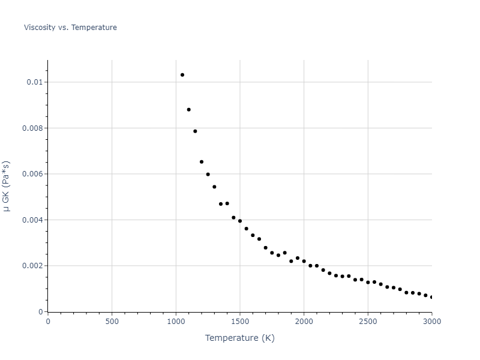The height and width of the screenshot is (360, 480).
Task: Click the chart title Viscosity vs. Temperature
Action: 70,28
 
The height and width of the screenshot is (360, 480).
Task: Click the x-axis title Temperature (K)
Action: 239,338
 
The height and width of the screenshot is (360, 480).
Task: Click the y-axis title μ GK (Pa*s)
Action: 7,185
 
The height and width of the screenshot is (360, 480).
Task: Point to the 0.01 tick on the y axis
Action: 34,82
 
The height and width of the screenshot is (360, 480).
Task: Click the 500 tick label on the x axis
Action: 112,321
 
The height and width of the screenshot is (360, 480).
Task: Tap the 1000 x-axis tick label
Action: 176,321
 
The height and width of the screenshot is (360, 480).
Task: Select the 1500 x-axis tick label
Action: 240,321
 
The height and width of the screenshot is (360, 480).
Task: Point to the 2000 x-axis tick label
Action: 304,321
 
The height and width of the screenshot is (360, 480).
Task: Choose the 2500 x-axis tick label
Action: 368,321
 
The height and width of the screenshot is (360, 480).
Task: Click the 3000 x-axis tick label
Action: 432,321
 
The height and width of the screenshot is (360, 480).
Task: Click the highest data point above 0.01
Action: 182,75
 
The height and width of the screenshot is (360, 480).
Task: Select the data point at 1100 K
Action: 188,110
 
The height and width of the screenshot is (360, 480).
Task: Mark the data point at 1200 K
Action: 202,162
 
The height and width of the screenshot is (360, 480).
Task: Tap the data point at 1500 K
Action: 240,221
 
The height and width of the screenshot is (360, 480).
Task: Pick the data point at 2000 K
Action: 304,262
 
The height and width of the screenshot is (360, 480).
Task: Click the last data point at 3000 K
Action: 431,297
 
